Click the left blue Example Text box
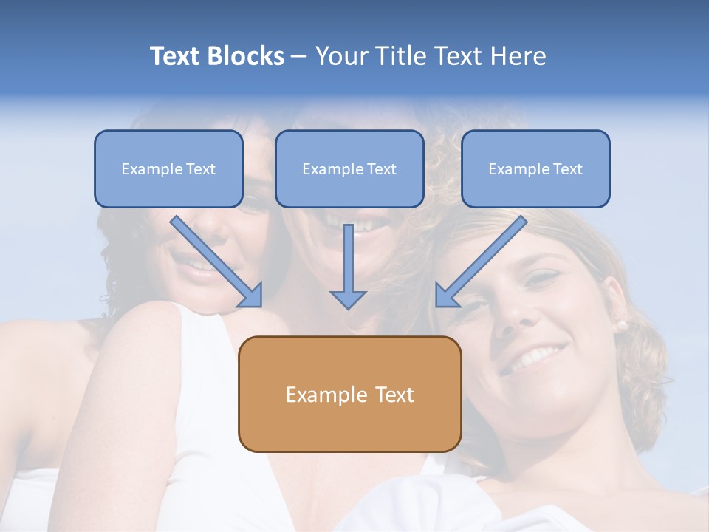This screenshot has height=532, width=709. (168, 168)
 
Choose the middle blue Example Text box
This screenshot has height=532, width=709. (349, 168)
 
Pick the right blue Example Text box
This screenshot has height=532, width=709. (535, 168)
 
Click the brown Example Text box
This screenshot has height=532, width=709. (349, 394)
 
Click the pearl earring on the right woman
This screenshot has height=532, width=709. (622, 324)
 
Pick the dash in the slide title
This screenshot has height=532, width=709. (299, 57)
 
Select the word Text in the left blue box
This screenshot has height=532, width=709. (201, 169)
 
